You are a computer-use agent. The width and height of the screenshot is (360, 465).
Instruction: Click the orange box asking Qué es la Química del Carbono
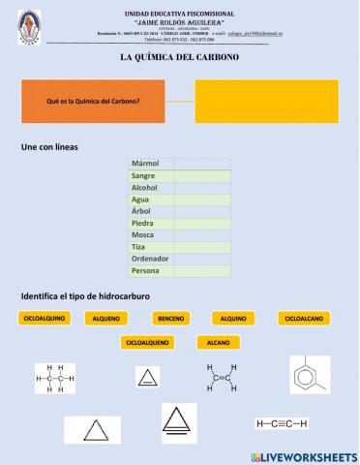[x=94, y=102]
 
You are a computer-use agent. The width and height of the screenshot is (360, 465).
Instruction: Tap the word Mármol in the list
[x=145, y=163]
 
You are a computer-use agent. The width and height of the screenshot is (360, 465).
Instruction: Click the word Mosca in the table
[x=142, y=234]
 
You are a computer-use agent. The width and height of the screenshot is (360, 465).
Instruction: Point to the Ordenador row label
[x=150, y=259]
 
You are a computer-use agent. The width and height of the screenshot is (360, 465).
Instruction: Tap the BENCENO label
[x=171, y=318]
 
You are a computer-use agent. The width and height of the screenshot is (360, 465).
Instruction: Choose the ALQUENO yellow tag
[x=107, y=318]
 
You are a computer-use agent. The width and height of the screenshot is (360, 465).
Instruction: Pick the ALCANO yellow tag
[x=218, y=342]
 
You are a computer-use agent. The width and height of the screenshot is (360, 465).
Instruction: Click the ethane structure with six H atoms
[x=56, y=378]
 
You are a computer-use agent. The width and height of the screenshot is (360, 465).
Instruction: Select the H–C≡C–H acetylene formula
[x=281, y=423]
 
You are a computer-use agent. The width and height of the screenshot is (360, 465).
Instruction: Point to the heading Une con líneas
[x=56, y=147]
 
